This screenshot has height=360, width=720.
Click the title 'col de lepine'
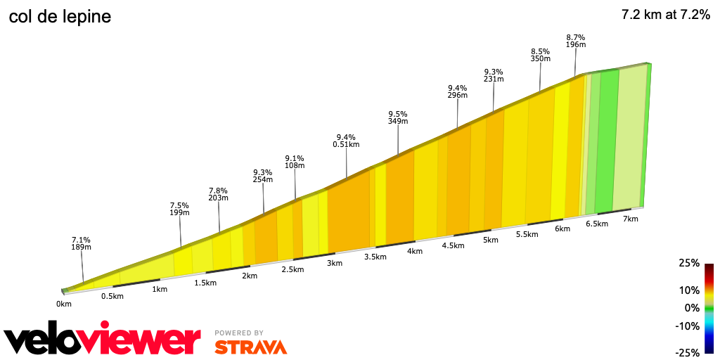(60, 17)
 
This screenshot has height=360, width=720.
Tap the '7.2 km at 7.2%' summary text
(665, 15)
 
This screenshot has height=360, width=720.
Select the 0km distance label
(64, 304)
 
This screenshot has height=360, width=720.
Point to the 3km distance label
(334, 263)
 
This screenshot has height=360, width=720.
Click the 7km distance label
(630, 219)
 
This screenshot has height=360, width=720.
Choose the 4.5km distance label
(453, 245)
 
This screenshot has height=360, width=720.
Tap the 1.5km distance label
(205, 282)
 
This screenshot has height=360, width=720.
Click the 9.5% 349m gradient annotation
(398, 117)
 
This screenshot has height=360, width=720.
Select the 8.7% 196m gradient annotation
(576, 41)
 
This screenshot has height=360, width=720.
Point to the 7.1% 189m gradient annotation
(81, 243)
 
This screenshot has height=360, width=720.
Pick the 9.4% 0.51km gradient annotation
(346, 141)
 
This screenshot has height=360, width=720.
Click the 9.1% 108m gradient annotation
(295, 162)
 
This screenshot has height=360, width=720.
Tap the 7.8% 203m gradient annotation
(219, 194)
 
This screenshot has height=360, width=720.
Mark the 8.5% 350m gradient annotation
(540, 56)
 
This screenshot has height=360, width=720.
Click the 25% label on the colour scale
(689, 263)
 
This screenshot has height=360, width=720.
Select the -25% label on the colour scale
(687, 352)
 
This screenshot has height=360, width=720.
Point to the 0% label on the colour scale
(692, 308)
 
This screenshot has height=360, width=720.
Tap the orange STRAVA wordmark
(250, 347)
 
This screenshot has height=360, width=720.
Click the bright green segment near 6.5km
(607, 141)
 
